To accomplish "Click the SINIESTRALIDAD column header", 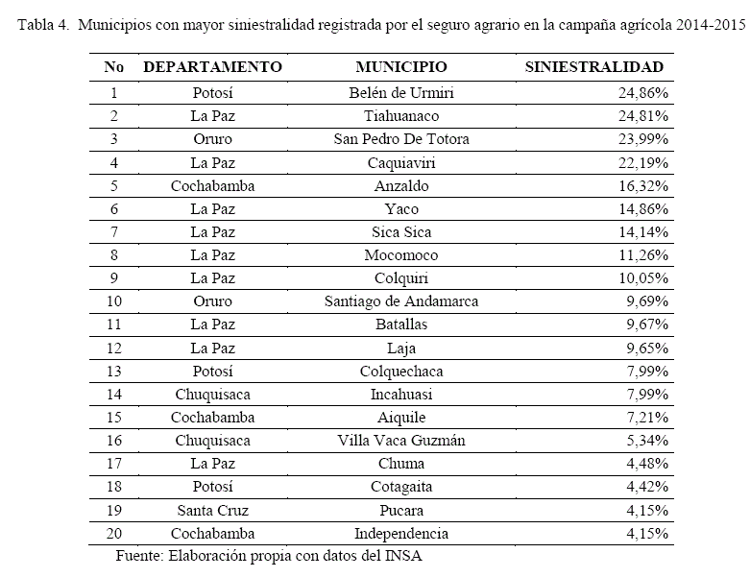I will click(594, 67).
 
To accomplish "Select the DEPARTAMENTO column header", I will click(212, 67).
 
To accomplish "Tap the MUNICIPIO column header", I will click(400, 67).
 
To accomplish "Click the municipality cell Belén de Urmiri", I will click(400, 93).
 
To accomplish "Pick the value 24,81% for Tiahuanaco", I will click(642, 116).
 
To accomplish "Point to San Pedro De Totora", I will click(400, 139).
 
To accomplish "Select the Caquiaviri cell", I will click(400, 162).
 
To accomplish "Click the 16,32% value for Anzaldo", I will click(642, 185).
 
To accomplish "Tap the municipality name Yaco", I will click(400, 208).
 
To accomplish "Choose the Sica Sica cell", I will click(400, 231).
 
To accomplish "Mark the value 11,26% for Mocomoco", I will click(642, 254).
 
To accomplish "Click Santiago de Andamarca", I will click(400, 301).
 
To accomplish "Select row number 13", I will click(114, 372).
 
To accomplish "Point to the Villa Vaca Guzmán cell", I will click(400, 441).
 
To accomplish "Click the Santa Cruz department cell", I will click(212, 510).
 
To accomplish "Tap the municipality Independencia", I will click(400, 533).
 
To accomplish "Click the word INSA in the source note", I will click(404, 556).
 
